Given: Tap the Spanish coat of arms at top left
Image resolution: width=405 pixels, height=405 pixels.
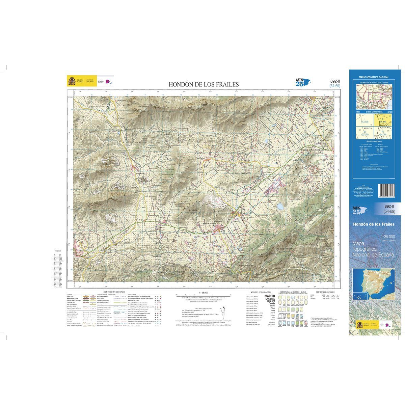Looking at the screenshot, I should [x=72, y=81].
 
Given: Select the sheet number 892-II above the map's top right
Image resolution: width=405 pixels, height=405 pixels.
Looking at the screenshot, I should [x=335, y=81].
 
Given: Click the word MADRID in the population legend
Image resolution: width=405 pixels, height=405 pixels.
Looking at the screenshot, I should [x=270, y=296].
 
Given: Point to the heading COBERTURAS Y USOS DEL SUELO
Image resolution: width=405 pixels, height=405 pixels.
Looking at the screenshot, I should [x=293, y=292].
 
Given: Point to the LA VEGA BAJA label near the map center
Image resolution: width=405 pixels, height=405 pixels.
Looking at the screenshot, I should [x=191, y=211].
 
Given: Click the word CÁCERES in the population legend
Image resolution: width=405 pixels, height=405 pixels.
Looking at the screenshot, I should [x=270, y=299].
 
